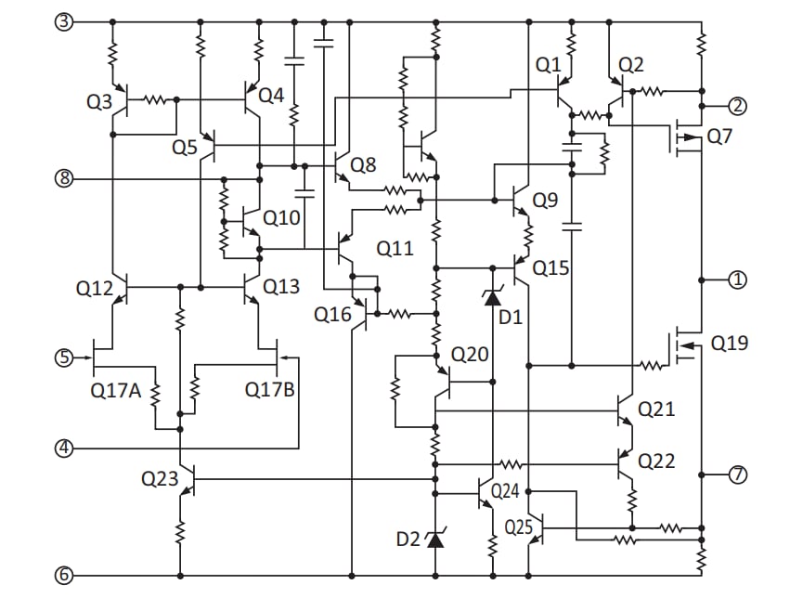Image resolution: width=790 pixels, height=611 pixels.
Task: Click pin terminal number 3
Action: (x=63, y=21)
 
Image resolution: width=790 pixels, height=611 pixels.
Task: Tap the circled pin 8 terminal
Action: (x=63, y=178)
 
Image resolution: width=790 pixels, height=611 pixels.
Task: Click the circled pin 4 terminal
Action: (x=63, y=448)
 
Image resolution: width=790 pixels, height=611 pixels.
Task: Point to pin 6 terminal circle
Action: (x=63, y=576)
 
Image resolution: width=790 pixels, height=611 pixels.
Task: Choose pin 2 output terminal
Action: (x=737, y=105)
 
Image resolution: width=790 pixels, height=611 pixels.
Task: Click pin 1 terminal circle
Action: (x=737, y=279)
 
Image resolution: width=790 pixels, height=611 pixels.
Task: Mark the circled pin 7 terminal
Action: (x=737, y=474)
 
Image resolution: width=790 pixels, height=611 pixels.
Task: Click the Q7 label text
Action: (x=719, y=136)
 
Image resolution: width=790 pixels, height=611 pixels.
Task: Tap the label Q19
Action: (x=729, y=344)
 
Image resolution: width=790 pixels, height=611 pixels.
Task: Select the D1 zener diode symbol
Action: (x=493, y=295)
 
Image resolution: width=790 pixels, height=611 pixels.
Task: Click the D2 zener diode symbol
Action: (x=434, y=537)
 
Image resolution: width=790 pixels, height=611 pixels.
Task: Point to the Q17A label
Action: (x=115, y=391)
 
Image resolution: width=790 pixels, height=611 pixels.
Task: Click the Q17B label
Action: (x=270, y=391)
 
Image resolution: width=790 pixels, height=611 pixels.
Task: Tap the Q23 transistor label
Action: (x=159, y=479)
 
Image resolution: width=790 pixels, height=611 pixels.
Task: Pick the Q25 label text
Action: (x=519, y=527)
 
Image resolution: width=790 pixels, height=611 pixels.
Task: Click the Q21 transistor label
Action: (x=657, y=409)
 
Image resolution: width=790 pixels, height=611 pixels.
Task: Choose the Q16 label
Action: (x=332, y=315)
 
